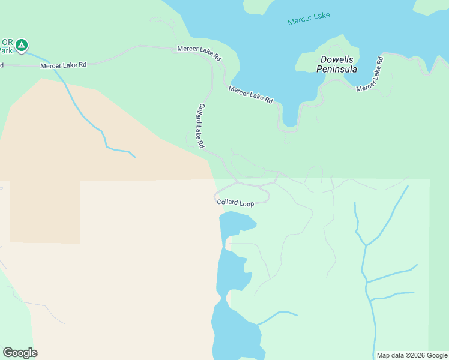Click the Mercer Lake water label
309,19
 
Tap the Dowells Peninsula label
337,64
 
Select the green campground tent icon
22,44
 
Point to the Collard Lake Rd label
200,126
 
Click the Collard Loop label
235,203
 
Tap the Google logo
20,353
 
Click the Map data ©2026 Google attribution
412,355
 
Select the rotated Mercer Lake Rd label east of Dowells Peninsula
370,74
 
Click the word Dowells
337,59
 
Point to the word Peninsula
337,69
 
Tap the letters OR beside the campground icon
7,42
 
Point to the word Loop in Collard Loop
247,204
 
